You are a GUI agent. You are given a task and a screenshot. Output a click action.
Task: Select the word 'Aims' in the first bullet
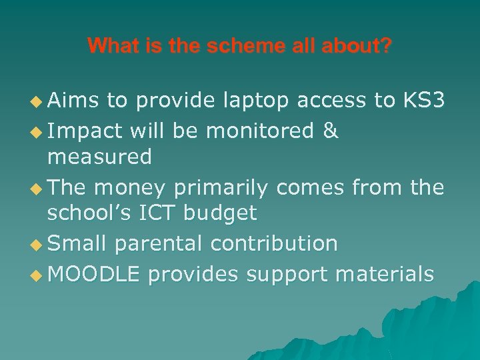point(73,101)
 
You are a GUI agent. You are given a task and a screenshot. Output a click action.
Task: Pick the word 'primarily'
point(220,187)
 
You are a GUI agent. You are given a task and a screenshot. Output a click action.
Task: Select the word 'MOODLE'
point(94,273)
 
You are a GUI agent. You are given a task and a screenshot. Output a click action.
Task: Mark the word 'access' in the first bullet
point(331,101)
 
